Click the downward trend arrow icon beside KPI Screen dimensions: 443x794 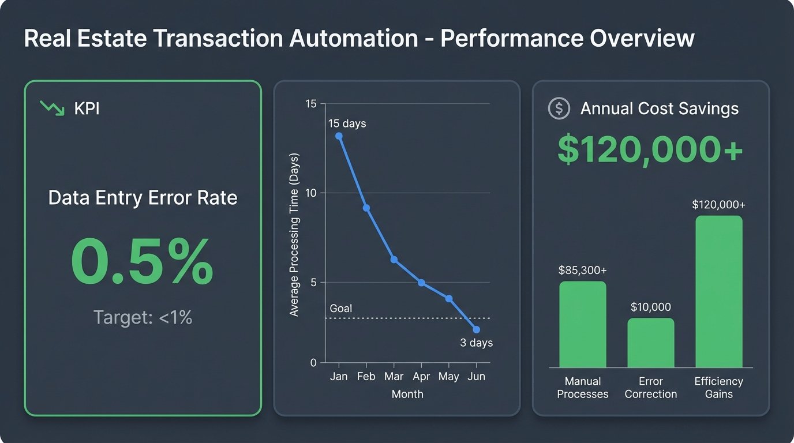point(52,108)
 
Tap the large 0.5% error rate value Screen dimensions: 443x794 point(142,263)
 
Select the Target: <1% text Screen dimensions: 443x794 point(143,317)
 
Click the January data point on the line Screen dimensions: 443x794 point(339,136)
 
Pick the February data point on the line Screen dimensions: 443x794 point(366,208)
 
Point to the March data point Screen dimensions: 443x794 point(394,260)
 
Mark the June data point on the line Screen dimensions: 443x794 point(476,329)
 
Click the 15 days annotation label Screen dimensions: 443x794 point(347,123)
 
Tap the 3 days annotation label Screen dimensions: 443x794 point(476,343)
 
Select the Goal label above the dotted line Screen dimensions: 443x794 point(340,309)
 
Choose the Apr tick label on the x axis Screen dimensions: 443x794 point(421,377)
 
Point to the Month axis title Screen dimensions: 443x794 point(407,395)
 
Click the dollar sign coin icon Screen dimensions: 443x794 point(559,108)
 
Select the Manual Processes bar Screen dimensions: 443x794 point(582,324)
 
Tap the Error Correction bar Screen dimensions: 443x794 point(650,343)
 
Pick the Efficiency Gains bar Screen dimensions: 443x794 point(718,292)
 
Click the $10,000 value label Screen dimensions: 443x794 point(650,307)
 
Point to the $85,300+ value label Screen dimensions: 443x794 point(582,270)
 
